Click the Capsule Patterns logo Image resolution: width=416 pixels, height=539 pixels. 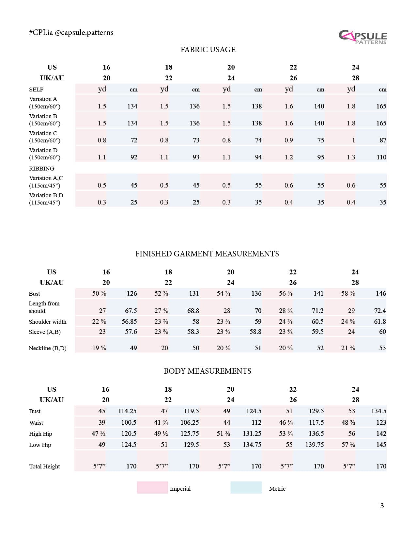click(x=362, y=37)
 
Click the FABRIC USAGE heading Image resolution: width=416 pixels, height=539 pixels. click(x=208, y=50)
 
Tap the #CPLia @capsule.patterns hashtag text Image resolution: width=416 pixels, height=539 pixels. click(x=71, y=33)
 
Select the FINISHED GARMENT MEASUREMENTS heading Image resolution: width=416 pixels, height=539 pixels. click(x=207, y=254)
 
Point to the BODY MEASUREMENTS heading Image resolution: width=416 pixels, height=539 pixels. click(x=208, y=371)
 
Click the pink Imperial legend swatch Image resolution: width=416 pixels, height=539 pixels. click(x=152, y=487)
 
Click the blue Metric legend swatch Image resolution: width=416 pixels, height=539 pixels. click(x=246, y=487)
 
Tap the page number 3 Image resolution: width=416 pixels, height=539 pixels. click(x=382, y=506)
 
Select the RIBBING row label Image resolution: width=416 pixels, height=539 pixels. click(x=42, y=169)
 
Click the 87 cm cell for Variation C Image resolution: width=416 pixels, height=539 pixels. click(x=383, y=140)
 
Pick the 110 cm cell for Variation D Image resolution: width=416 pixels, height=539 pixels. click(x=381, y=157)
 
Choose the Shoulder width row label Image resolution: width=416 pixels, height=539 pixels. click(x=48, y=322)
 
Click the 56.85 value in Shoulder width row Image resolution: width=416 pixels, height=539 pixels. click(x=129, y=322)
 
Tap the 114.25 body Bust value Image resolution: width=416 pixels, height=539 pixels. click(x=127, y=411)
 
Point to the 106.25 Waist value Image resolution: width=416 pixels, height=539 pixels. click(x=190, y=422)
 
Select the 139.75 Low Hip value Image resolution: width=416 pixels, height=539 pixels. click(x=315, y=445)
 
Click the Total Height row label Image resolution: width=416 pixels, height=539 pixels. click(x=45, y=466)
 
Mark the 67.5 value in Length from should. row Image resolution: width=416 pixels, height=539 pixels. click(x=131, y=311)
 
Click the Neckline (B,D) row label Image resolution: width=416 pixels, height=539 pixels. click(x=48, y=348)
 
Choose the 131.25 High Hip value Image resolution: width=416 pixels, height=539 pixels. click(x=252, y=433)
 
